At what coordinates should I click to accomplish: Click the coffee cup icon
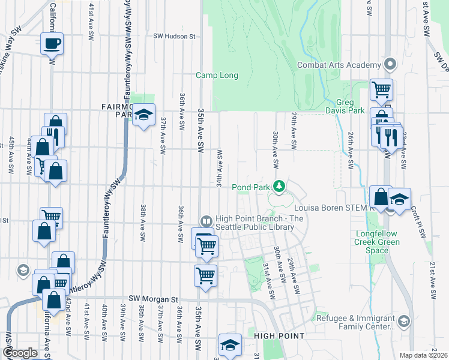point(52,43)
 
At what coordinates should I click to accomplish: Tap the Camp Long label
point(217,76)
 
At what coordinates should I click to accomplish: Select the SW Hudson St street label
point(175,37)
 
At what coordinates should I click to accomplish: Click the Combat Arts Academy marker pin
point(391,64)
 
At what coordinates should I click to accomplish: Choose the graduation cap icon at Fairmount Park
point(144,115)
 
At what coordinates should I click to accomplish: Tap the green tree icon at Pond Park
point(279,186)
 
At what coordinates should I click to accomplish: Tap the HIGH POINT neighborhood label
point(279,336)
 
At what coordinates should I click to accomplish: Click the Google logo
point(19,353)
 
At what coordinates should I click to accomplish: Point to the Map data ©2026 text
point(423,355)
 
